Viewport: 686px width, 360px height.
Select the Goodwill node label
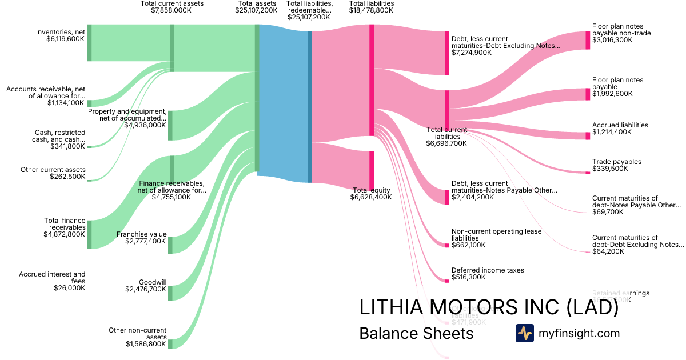tap(153, 282)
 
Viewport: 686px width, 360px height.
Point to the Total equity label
tap(372, 190)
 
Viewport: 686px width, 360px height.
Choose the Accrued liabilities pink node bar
tap(588, 136)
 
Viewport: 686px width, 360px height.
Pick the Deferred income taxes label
tap(488, 270)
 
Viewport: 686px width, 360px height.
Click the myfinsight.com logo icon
tap(524, 333)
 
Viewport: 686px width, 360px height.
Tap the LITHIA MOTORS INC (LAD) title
tap(489, 307)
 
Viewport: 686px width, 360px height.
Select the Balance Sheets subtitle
tap(416, 334)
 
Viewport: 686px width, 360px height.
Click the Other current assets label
tap(53, 170)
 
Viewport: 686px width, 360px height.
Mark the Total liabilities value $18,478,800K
tap(371, 10)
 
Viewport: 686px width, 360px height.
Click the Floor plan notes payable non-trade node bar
tap(588, 41)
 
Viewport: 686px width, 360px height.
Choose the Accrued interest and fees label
tap(52, 274)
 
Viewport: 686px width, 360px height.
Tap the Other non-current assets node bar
tap(170, 344)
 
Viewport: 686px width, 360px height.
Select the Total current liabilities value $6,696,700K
tap(446, 143)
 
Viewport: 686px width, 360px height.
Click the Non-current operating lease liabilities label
tap(496, 235)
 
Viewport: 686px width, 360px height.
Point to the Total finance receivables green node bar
tap(89, 234)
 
